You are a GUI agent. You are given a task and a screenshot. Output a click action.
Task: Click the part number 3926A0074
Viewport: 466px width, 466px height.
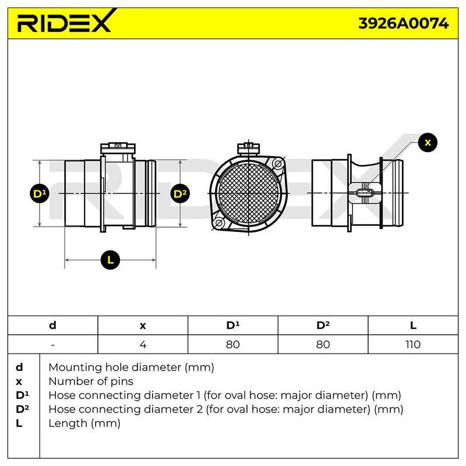coord(403,23)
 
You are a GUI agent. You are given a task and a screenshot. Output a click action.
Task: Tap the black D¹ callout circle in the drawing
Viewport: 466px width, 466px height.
coord(40,194)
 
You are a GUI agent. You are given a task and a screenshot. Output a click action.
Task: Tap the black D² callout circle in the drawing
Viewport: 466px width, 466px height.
coord(180,194)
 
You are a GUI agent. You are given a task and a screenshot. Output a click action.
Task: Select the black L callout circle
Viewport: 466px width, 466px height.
coord(110,260)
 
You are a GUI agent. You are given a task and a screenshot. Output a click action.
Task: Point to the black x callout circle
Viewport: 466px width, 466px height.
coord(428,142)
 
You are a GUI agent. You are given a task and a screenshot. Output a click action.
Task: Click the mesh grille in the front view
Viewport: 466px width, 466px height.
coord(248,193)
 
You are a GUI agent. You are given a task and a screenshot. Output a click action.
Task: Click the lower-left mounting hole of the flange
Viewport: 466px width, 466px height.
coord(218,223)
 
